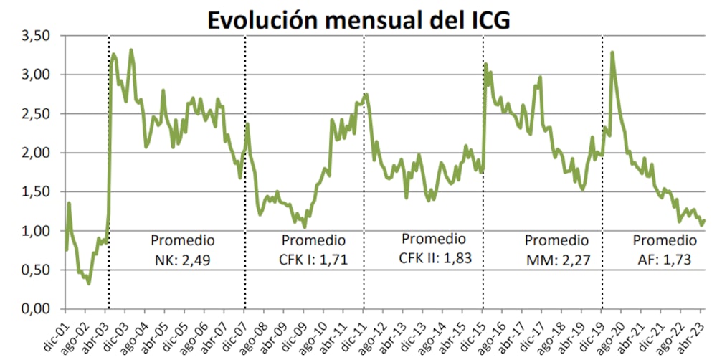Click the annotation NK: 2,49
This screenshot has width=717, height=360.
(x=182, y=260)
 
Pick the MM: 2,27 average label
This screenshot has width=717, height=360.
(x=556, y=260)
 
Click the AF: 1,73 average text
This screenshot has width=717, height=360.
(x=663, y=260)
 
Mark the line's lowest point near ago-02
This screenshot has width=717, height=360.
(x=89, y=283)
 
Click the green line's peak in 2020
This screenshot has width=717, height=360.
(x=612, y=52)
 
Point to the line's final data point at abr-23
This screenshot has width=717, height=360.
(x=704, y=220)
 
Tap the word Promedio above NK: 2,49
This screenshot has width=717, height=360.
(x=182, y=240)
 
